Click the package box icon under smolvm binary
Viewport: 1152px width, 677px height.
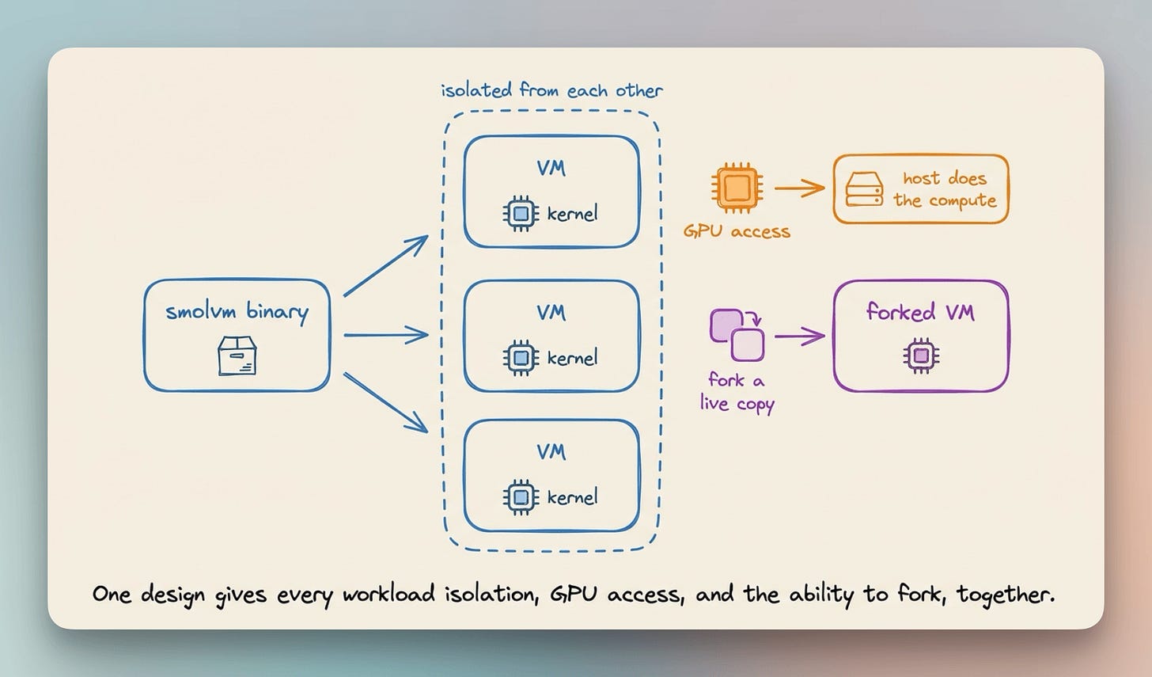tap(237, 356)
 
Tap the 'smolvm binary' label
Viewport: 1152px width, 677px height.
tap(237, 312)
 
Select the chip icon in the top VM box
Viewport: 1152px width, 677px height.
tap(521, 213)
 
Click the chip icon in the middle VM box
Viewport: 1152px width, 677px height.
tap(521, 357)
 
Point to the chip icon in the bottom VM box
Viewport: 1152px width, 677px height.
tap(521, 497)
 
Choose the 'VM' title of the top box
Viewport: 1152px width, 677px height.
tap(551, 169)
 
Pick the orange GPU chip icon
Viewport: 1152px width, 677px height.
tap(737, 188)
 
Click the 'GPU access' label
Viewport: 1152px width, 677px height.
tap(737, 232)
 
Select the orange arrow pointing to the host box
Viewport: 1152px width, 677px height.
tap(800, 188)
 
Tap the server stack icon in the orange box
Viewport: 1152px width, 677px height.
tap(865, 189)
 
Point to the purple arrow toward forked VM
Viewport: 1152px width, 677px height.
tap(800, 337)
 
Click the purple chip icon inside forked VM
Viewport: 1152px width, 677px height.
tap(921, 356)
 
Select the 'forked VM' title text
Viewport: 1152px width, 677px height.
tap(921, 312)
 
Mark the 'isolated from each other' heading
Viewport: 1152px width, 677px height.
tap(552, 90)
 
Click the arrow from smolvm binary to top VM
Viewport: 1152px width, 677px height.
tap(386, 265)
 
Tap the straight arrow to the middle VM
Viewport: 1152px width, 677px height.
tap(386, 335)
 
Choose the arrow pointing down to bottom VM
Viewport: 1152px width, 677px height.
tap(386, 402)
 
